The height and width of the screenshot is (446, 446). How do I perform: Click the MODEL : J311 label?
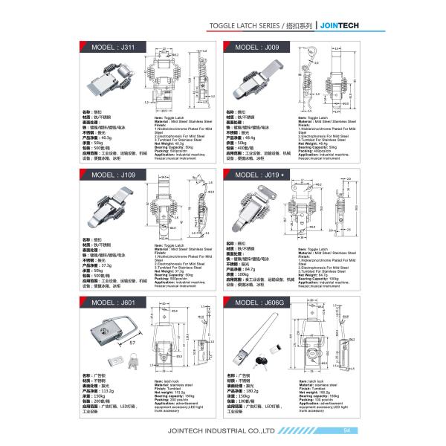[x=109, y=47]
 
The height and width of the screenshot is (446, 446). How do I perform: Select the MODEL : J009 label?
[x=255, y=47]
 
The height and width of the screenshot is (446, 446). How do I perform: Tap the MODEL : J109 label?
[x=109, y=175]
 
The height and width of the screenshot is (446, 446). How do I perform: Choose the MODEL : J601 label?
[x=109, y=303]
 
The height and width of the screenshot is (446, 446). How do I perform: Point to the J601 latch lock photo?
[x=109, y=330]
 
